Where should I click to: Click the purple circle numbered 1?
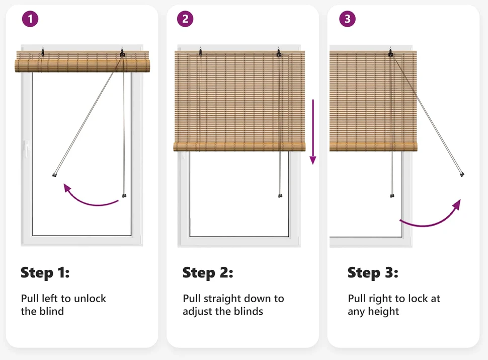pyautogui.click(x=30, y=19)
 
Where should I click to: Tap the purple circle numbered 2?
pyautogui.click(x=185, y=19)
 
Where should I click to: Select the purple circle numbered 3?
pyautogui.click(x=347, y=19)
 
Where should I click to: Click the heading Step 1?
pyautogui.click(x=45, y=273)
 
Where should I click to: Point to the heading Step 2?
pyautogui.click(x=208, y=273)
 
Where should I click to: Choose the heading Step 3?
pyautogui.click(x=373, y=273)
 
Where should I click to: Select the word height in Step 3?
pyautogui.click(x=383, y=312)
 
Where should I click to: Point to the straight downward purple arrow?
pyautogui.click(x=313, y=132)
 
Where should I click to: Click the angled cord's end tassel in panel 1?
pyautogui.click(x=54, y=175)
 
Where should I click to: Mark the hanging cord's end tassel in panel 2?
pyautogui.click(x=280, y=195)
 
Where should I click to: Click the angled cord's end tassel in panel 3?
pyautogui.click(x=462, y=174)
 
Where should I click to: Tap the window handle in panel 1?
pyautogui.click(x=27, y=149)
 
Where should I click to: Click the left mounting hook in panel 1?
pyautogui.click(x=43, y=51)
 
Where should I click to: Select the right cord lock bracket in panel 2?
pyautogui.click(x=279, y=53)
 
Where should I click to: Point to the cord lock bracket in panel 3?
pyautogui.click(x=390, y=53)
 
